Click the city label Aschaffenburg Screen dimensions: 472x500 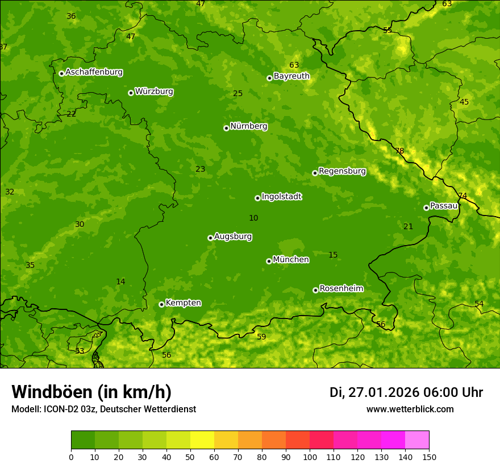(94, 72)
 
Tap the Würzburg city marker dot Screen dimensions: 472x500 (131, 93)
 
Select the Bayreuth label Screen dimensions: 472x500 (291, 76)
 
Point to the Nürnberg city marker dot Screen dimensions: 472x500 (226, 128)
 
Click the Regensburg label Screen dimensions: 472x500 (342, 171)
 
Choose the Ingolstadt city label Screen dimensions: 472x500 (281, 197)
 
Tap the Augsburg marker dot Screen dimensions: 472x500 (210, 238)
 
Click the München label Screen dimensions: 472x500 (291, 260)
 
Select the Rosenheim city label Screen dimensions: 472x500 (341, 289)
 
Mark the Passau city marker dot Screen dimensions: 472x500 (426, 208)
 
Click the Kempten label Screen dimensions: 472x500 (183, 303)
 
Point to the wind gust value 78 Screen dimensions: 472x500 (399, 151)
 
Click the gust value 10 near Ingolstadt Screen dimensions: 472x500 (253, 218)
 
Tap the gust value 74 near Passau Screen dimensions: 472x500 (463, 196)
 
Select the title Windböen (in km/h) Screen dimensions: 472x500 (91, 392)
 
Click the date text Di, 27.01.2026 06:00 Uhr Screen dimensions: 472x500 (406, 392)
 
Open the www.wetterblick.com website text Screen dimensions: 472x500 (410, 409)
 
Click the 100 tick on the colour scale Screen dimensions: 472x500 (310, 457)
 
